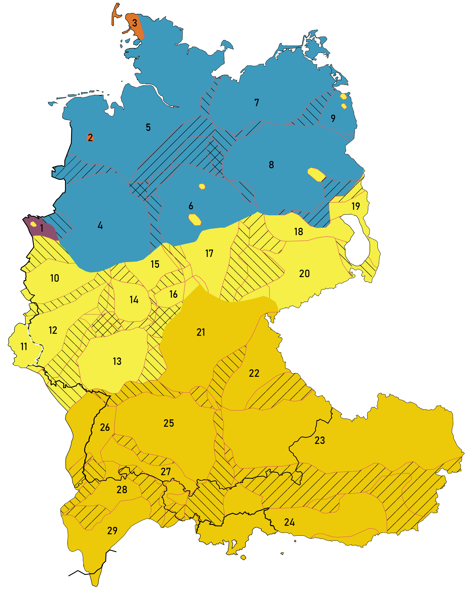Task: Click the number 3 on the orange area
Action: click(x=134, y=23)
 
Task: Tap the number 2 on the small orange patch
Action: click(x=90, y=137)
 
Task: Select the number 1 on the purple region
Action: click(x=42, y=228)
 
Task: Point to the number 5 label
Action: click(x=148, y=127)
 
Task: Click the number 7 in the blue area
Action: click(x=256, y=103)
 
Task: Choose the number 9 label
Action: click(x=333, y=118)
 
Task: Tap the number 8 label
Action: click(x=271, y=165)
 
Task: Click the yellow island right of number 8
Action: click(x=317, y=174)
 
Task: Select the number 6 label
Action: click(x=191, y=206)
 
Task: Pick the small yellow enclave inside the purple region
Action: click(x=33, y=224)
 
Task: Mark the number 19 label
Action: click(x=356, y=206)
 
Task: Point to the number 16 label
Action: click(x=173, y=294)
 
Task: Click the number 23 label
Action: click(x=320, y=440)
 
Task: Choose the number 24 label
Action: click(x=289, y=522)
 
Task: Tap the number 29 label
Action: click(x=112, y=531)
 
